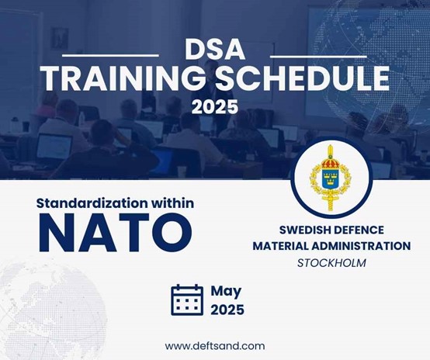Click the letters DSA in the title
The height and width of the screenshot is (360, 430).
pyautogui.click(x=215, y=50)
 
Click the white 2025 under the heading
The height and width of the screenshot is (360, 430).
pyautogui.click(x=215, y=107)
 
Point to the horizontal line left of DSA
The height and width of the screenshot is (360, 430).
pyautogui.click(x=110, y=55)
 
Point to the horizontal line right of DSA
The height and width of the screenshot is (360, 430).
pyautogui.click(x=318, y=57)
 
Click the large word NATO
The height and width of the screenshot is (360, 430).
pyautogui.click(x=115, y=233)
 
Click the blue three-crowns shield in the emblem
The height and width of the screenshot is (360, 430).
pyautogui.click(x=330, y=178)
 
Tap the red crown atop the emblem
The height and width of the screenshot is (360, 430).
pyautogui.click(x=331, y=163)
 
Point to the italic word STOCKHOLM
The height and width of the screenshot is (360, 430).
pyautogui.click(x=331, y=263)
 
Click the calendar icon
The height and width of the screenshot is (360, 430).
pyautogui.click(x=187, y=299)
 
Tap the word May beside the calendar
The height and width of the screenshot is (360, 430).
pyautogui.click(x=226, y=292)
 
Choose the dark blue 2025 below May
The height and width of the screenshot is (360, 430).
pyautogui.click(x=227, y=310)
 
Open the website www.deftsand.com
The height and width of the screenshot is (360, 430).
pyautogui.click(x=215, y=346)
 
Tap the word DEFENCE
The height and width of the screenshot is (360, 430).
pyautogui.click(x=357, y=230)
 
